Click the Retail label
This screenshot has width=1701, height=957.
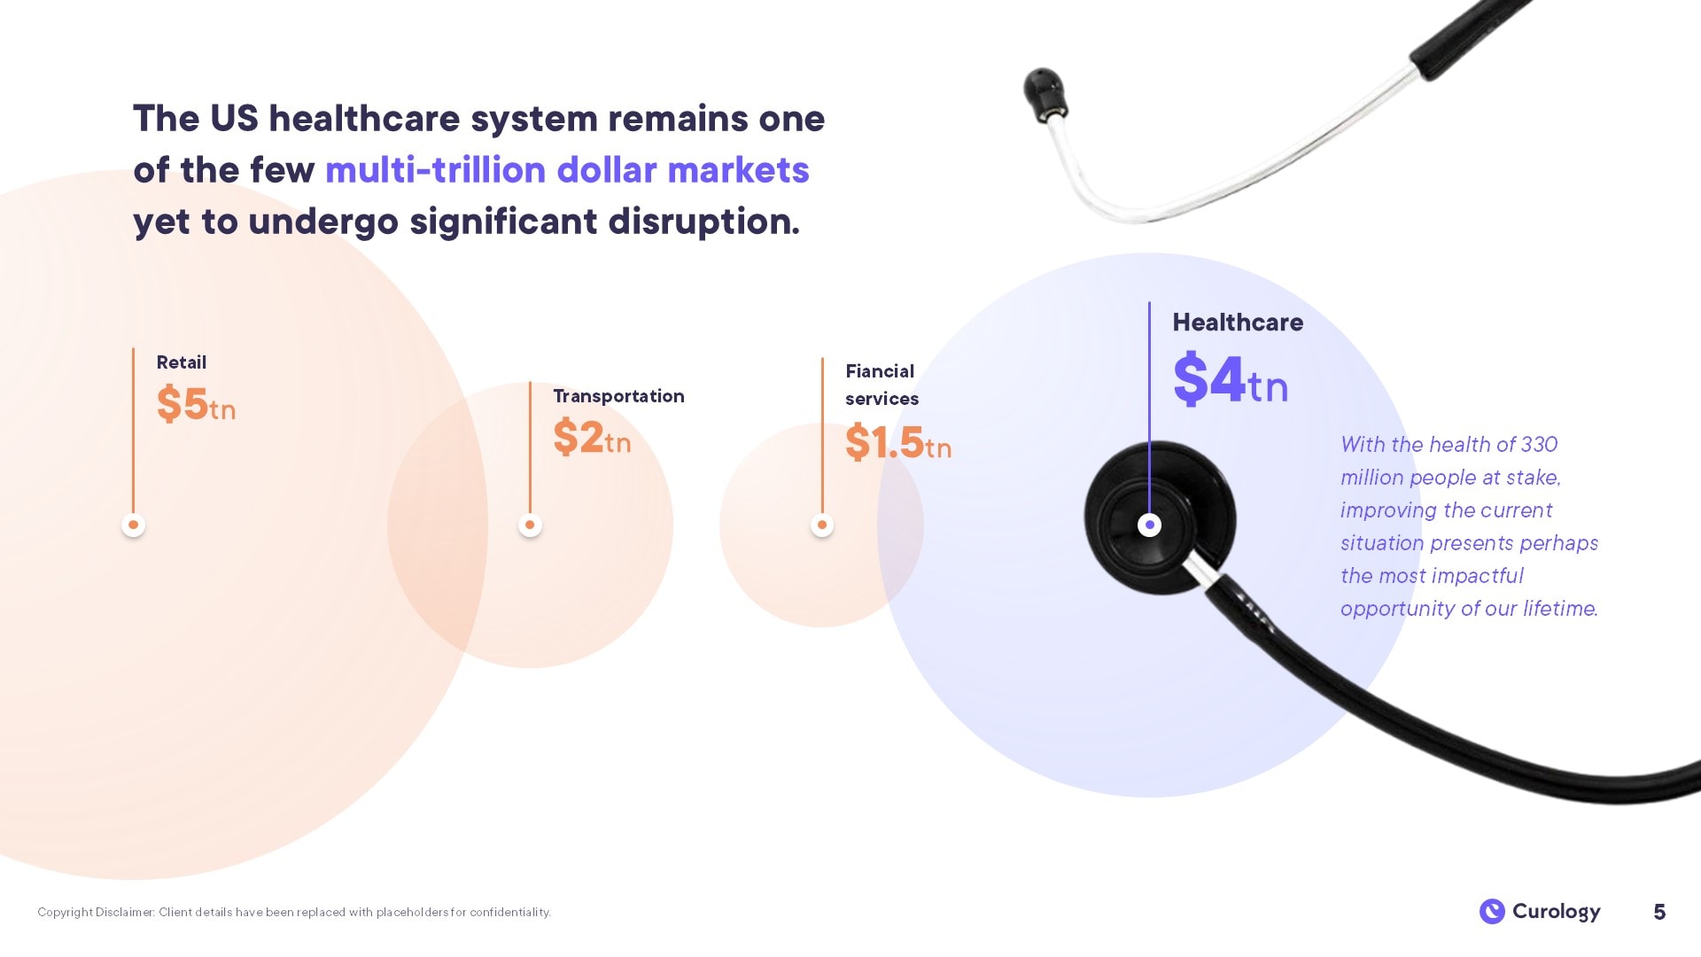pos(181,362)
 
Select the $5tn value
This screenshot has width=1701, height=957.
pos(196,404)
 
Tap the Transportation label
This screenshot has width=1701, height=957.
pos(618,396)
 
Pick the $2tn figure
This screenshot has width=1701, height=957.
pos(592,437)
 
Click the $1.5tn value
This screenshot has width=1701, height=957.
pos(898,442)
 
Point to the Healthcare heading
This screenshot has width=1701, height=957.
pos(1238,323)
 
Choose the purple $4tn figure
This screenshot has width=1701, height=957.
pos(1231,379)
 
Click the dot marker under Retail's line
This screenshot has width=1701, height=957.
pos(133,525)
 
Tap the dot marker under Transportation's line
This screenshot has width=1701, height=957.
pos(530,525)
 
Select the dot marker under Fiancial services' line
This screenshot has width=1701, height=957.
pos(822,525)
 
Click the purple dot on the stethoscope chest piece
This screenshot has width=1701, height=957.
pos(1149,525)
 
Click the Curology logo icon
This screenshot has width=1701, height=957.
pos(1492,911)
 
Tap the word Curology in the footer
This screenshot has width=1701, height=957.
pos(1556,912)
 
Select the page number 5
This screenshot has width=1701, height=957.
pos(1659,912)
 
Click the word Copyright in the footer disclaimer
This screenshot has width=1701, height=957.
pos(65,912)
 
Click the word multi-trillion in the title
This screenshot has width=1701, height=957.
pos(435,170)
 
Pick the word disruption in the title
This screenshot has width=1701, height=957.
pos(704,222)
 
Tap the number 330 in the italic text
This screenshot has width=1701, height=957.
pos(1539,444)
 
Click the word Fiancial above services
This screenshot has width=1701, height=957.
pos(880,371)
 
